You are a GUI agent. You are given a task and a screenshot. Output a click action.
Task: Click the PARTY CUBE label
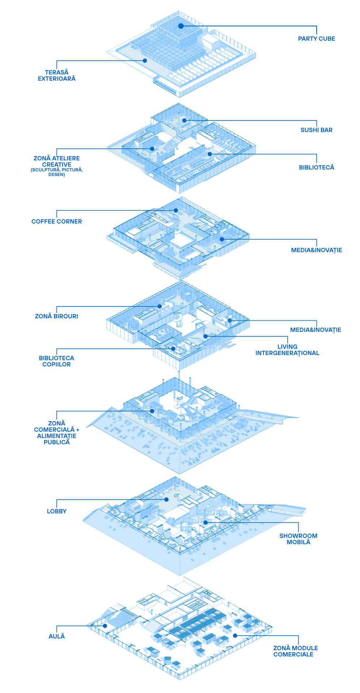pyautogui.click(x=316, y=39)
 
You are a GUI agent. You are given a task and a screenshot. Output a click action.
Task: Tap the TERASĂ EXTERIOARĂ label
pyautogui.click(x=57, y=75)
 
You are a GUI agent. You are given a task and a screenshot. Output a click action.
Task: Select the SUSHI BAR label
pyautogui.click(x=316, y=130)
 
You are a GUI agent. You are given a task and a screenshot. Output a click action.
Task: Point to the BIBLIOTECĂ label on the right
pyautogui.click(x=316, y=167)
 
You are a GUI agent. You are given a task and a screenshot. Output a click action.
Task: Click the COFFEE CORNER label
pyautogui.click(x=57, y=222)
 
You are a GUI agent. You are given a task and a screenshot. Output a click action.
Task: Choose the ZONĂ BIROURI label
pyautogui.click(x=56, y=316)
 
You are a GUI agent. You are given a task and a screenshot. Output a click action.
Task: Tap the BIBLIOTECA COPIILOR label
pyautogui.click(x=57, y=361)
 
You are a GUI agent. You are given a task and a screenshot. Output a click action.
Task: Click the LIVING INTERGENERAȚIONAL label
pyautogui.click(x=287, y=350)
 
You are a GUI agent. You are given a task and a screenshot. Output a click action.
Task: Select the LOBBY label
pyautogui.click(x=57, y=511)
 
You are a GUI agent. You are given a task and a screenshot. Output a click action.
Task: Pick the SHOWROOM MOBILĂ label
pyautogui.click(x=298, y=539)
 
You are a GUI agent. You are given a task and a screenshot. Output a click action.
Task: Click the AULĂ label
pyautogui.click(x=57, y=636)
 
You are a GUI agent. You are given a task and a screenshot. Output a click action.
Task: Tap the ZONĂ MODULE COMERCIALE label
pyautogui.click(x=295, y=651)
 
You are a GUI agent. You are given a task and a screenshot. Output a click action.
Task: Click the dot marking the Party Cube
pyautogui.click(x=181, y=26)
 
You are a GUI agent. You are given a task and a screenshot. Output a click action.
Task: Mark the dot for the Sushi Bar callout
pyautogui.click(x=184, y=121)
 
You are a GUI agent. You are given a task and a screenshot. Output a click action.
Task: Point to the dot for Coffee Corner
pyautogui.click(x=176, y=210)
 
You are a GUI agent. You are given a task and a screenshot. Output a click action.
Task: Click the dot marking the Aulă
pyautogui.click(x=105, y=626)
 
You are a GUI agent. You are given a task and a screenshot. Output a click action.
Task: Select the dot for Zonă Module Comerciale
pyautogui.click(x=235, y=636)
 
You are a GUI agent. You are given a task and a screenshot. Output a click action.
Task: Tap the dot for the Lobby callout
pyautogui.click(x=166, y=500)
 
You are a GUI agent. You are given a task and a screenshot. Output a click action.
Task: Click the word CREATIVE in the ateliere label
pyautogui.click(x=57, y=165)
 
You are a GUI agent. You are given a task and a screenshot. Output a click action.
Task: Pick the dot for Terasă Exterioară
pyautogui.click(x=145, y=61)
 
